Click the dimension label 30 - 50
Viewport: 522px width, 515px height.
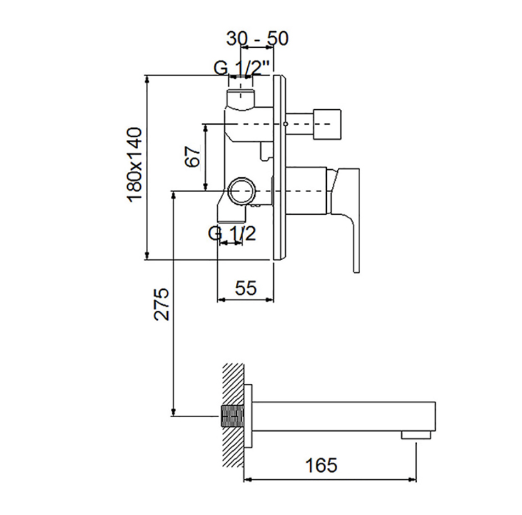pyautogui.click(x=257, y=38)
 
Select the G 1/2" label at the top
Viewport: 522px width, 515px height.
pyautogui.click(x=241, y=68)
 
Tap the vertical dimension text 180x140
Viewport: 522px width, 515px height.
pyautogui.click(x=135, y=164)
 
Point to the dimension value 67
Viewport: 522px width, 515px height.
pyautogui.click(x=193, y=156)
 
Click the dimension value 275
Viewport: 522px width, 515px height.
pyautogui.click(x=161, y=304)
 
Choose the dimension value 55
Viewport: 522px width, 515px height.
pyautogui.click(x=246, y=288)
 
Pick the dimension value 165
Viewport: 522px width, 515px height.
pyautogui.click(x=321, y=465)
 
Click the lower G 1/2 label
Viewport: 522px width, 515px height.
pyautogui.click(x=232, y=233)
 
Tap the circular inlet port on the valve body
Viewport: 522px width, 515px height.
pyautogui.click(x=241, y=191)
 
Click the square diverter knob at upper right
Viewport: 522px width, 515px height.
pyautogui.click(x=327, y=124)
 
